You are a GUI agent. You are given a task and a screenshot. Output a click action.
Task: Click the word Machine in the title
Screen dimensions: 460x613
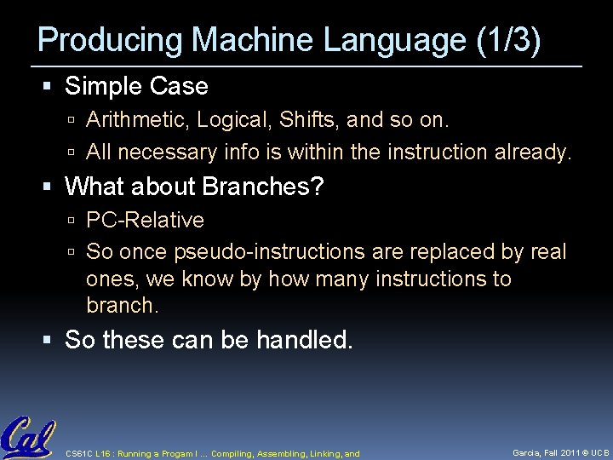pyautogui.click(x=247, y=40)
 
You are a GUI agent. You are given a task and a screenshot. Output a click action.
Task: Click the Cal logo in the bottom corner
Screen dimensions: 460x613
pyautogui.click(x=27, y=438)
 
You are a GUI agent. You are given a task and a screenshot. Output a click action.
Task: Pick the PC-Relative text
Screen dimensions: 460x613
pyautogui.click(x=146, y=220)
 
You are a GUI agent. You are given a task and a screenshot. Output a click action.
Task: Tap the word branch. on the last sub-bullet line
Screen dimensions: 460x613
pyautogui.click(x=123, y=303)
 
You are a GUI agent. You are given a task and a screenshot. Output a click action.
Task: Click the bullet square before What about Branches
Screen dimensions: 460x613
pyautogui.click(x=54, y=187)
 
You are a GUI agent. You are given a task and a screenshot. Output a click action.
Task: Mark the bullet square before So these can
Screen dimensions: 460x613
pyautogui.click(x=54, y=341)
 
